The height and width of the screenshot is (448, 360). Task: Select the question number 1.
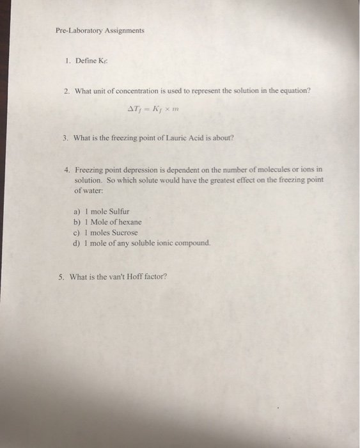(68, 60)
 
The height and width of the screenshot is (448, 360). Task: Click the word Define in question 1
(85, 60)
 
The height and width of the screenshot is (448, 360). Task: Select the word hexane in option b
(129, 221)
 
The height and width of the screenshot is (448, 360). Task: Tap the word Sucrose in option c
(125, 232)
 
